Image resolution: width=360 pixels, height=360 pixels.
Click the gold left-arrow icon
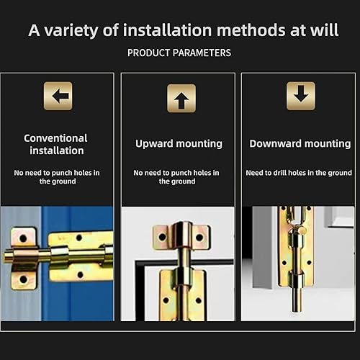coord(58,96)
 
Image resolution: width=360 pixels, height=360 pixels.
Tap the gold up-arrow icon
coord(181,99)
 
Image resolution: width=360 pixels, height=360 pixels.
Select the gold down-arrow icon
coord(301,96)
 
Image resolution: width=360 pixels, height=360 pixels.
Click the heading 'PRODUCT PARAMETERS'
coord(179,53)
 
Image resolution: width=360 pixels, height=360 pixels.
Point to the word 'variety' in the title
coord(71,30)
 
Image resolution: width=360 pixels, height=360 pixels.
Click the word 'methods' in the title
coord(251,30)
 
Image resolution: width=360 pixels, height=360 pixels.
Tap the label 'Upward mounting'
coord(179,144)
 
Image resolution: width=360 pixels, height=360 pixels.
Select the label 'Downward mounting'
coord(300,143)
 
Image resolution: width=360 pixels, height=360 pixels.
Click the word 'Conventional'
coord(55,138)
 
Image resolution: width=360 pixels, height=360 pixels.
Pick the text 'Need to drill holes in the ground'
coord(299,173)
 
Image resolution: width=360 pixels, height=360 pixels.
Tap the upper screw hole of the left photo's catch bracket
coord(23,238)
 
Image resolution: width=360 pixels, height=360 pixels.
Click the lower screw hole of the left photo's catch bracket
coord(23,279)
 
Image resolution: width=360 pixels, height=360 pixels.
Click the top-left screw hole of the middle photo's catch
coord(163,238)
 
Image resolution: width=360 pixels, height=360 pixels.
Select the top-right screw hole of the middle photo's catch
coord(199,238)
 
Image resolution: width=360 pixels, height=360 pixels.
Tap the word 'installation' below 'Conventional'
coord(57,150)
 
